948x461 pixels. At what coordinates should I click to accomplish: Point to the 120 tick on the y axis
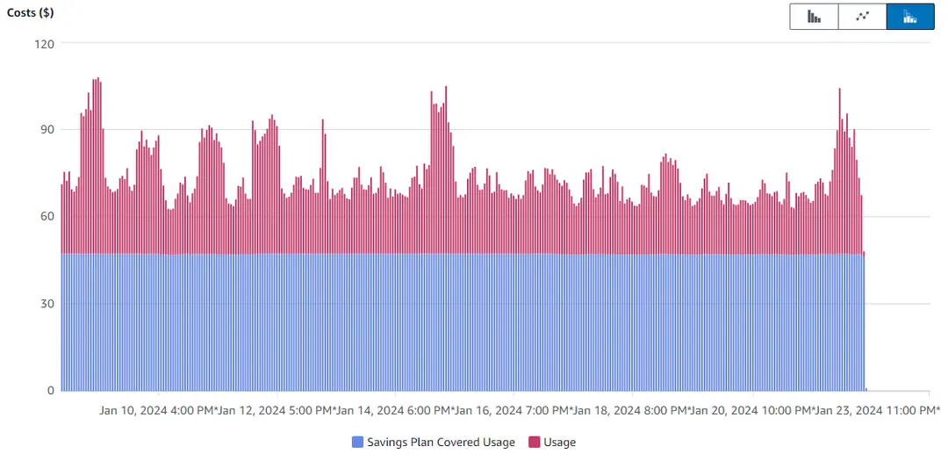[44, 44]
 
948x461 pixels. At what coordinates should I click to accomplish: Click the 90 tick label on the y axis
[47, 130]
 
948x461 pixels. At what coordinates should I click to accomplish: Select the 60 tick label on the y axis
[47, 217]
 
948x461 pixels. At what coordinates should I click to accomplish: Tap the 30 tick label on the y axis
[47, 304]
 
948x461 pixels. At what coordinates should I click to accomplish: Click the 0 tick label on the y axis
[50, 391]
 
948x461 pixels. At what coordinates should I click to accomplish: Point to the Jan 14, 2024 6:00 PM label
[395, 410]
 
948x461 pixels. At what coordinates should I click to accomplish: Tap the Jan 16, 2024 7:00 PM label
[513, 410]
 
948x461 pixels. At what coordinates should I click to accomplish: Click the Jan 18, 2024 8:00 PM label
[632, 410]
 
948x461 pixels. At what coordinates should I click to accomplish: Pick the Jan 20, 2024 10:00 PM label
[753, 410]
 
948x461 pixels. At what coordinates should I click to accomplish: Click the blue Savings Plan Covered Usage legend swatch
[357, 443]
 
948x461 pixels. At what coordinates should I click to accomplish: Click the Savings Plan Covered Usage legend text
[441, 443]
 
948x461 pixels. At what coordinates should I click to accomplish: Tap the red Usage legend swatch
[535, 443]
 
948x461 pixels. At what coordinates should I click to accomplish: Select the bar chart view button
[814, 17]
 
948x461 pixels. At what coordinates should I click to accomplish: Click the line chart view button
[862, 17]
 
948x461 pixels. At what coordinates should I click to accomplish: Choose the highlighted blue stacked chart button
[910, 17]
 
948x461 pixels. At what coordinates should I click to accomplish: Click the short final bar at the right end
[864, 321]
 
